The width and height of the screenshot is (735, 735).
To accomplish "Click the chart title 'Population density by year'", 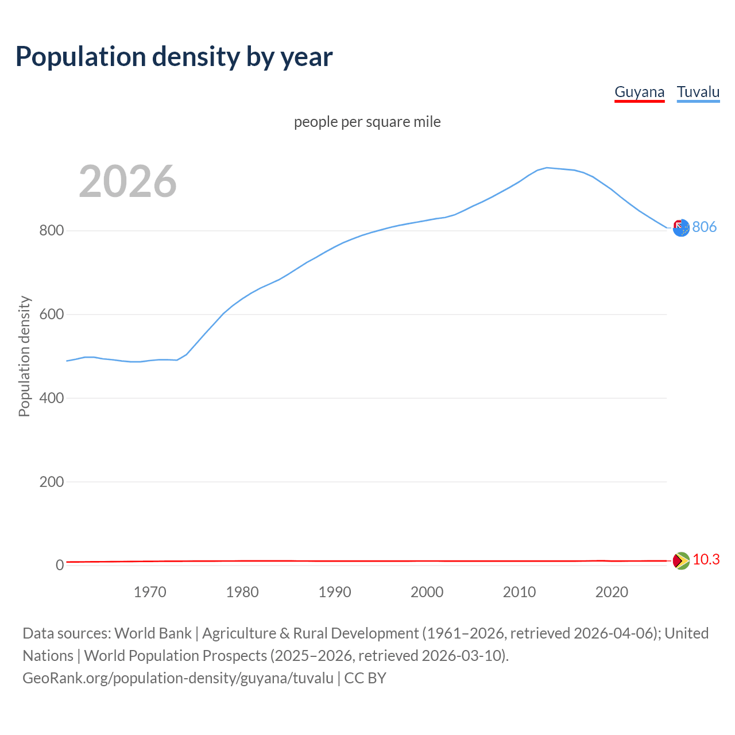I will (x=174, y=56).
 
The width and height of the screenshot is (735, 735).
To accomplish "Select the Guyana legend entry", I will (x=639, y=92).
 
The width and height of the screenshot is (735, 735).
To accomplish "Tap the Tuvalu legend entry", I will (x=698, y=92).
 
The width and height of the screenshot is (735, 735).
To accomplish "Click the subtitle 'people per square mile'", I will (x=367, y=122).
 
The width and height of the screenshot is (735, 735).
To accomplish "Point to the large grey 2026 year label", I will (x=127, y=181).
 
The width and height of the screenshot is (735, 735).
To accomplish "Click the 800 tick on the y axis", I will (x=51, y=231).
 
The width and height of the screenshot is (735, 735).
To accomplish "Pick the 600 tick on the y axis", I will (x=51, y=315).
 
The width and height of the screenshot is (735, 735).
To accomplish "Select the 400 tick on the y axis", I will (x=51, y=398).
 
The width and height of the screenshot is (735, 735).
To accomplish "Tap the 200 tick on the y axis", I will (x=51, y=482).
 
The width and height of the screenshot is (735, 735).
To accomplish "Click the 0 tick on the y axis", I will (x=60, y=566).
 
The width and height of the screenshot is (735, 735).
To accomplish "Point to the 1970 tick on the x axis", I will (x=150, y=592).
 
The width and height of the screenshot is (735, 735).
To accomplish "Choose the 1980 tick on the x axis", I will (x=242, y=592).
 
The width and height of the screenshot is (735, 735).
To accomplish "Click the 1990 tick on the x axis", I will (x=335, y=592).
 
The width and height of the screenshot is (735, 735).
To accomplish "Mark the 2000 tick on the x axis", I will (x=427, y=592).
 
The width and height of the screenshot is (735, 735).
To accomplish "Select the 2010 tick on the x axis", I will (x=519, y=592).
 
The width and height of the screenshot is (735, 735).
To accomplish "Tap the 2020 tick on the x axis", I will (x=612, y=592).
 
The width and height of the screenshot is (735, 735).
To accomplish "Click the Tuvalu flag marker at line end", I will (x=681, y=228).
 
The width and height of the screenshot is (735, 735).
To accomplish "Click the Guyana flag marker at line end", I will (x=681, y=560).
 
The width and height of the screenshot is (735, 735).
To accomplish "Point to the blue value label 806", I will (x=705, y=227).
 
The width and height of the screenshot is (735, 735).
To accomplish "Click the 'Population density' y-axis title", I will (x=24, y=356).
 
